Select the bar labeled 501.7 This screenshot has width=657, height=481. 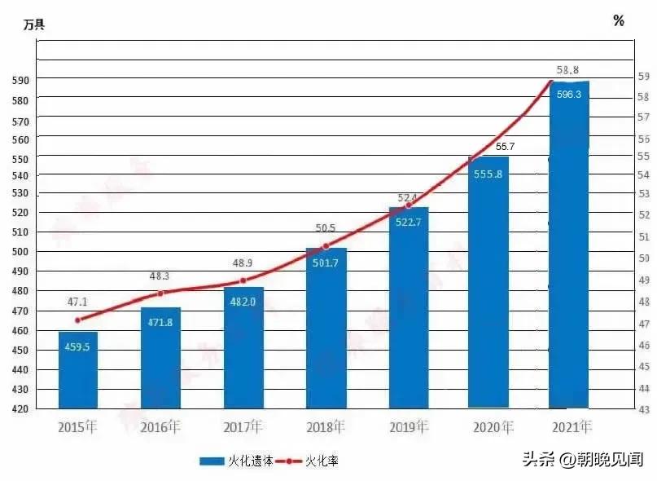(x=326, y=326)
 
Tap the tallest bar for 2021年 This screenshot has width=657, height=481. (x=569, y=245)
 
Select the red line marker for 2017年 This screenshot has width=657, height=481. (x=243, y=280)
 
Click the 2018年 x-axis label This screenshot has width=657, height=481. (x=326, y=426)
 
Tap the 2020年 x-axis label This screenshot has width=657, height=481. (x=492, y=426)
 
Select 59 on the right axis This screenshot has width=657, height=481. (x=643, y=77)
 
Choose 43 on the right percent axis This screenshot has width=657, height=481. (x=643, y=408)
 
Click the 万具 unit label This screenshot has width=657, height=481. (x=33, y=24)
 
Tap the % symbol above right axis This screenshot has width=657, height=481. (x=619, y=21)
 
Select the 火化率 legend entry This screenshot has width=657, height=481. (x=309, y=461)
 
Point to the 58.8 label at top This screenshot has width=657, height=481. (x=567, y=70)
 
